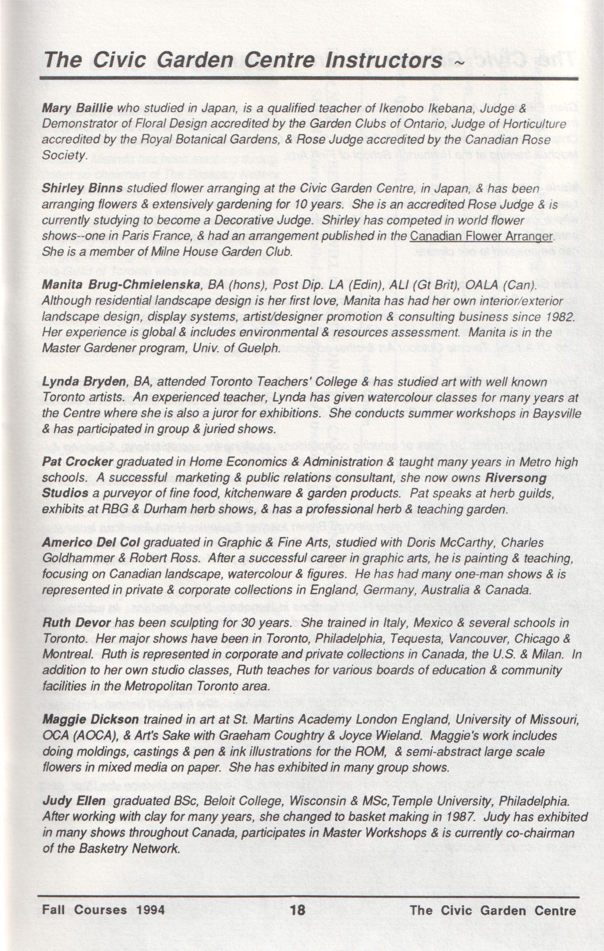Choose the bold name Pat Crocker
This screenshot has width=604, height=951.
pyautogui.click(x=78, y=462)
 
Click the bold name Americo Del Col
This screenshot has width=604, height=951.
pyautogui.click(x=91, y=543)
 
